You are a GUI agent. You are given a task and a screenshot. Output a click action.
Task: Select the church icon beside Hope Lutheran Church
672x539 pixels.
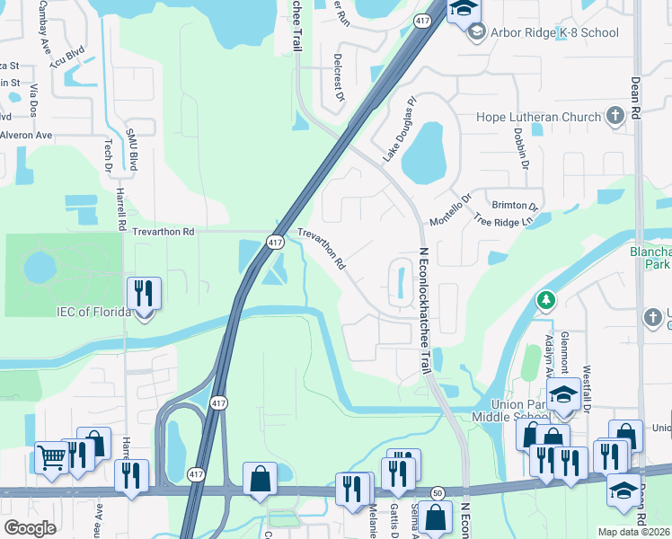coord(615,116)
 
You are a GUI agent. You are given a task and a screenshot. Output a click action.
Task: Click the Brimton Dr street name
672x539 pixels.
coord(514,206)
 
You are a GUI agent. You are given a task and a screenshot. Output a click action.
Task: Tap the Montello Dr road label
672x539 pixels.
coord(450,210)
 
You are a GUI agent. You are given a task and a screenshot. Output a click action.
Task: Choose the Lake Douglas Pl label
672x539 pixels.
coord(401,129)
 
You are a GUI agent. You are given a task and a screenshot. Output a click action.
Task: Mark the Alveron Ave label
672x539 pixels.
coord(26,135)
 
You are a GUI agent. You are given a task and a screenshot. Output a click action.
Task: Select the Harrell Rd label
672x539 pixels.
coord(119,202)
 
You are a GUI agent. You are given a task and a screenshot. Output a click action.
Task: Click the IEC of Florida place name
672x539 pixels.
coord(93,313)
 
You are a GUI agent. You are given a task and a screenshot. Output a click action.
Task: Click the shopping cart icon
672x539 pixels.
coord(52,458)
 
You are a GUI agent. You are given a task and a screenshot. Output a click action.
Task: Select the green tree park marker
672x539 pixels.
coord(544,299)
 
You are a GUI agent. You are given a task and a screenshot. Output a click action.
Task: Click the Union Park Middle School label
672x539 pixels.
coord(512,411)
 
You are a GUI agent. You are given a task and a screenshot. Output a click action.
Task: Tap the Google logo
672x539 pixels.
coord(30,527)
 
